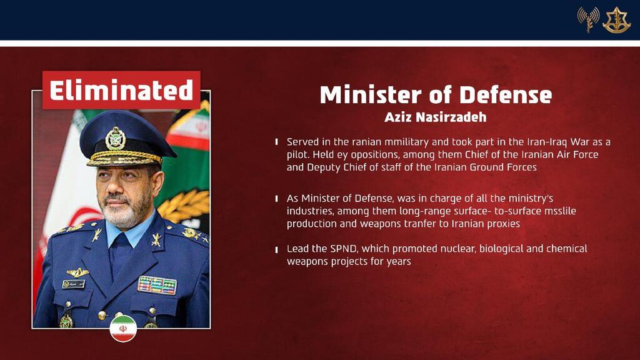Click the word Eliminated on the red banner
coord(121,90)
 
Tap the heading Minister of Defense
coord(436,95)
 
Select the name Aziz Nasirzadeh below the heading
coord(436,117)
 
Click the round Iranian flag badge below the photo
coord(123,329)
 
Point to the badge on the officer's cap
coord(116,138)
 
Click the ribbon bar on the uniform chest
coord(157,285)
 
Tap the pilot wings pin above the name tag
coord(77,272)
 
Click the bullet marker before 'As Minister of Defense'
coord(277,199)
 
